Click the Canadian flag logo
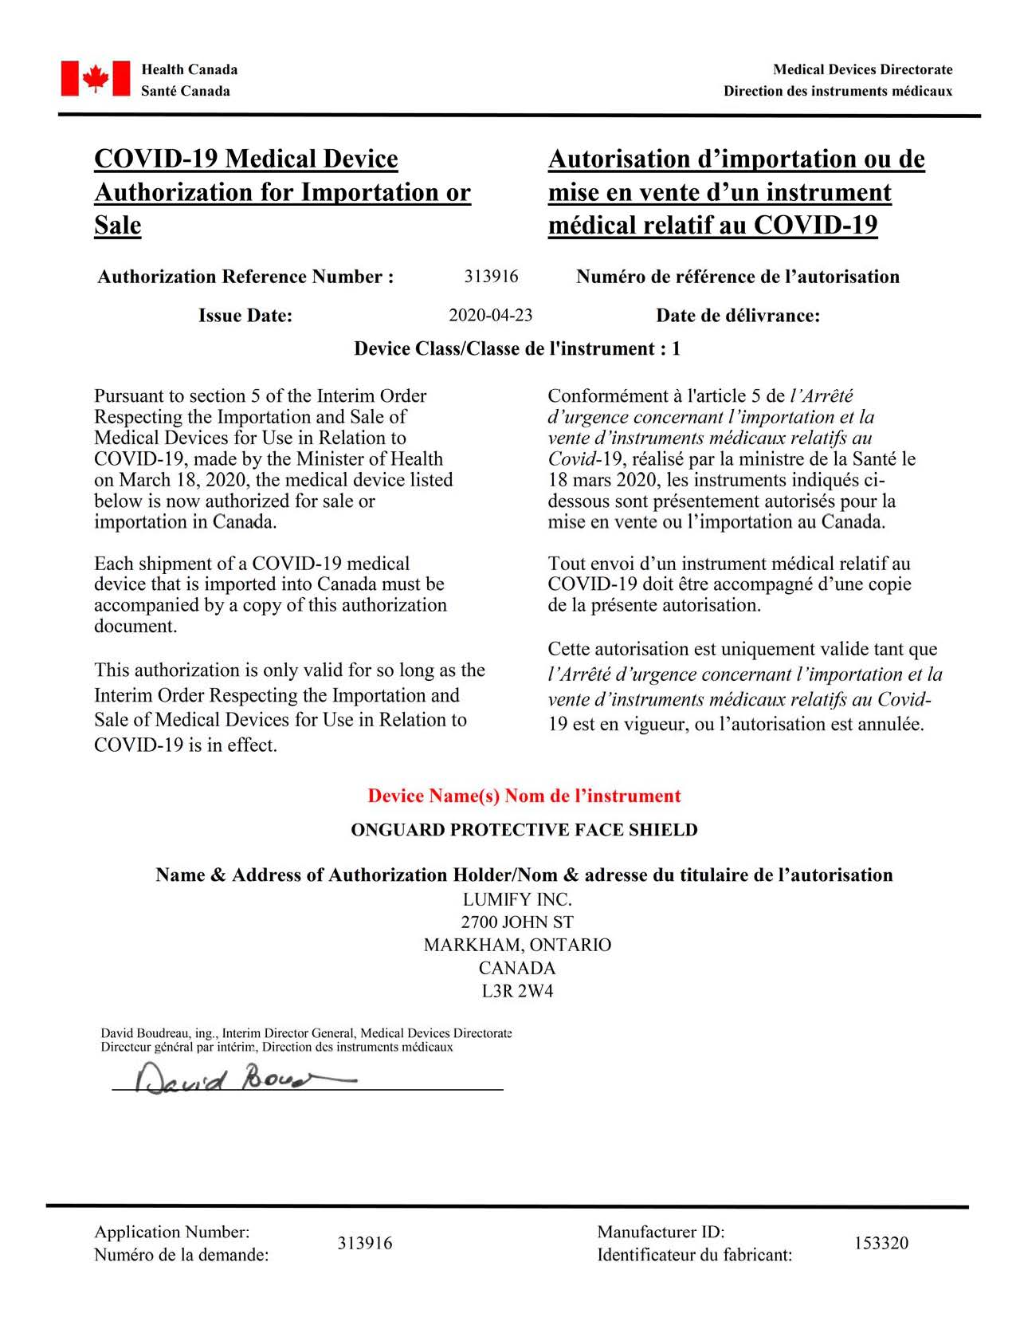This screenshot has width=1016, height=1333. (x=95, y=79)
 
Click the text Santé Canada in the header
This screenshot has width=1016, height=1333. (x=185, y=91)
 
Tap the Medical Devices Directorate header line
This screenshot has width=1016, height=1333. (x=862, y=69)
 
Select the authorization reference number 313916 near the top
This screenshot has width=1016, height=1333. (x=491, y=277)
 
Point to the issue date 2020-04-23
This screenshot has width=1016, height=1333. (x=490, y=316)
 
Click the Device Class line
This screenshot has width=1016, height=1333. (x=516, y=349)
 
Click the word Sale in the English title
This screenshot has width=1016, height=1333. (x=117, y=226)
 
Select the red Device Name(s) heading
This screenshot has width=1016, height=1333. (x=524, y=796)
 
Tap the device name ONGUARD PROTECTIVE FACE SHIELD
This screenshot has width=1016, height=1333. (x=524, y=830)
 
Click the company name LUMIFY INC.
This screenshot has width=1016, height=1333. (x=517, y=899)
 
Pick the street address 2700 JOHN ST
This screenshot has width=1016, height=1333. (x=517, y=922)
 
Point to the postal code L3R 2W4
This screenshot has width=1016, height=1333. (x=517, y=991)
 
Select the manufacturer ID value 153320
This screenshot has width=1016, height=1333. (x=881, y=1243)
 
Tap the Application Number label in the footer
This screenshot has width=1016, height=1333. (x=171, y=1232)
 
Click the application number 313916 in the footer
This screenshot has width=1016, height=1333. (x=364, y=1243)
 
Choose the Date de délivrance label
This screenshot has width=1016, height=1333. (x=737, y=316)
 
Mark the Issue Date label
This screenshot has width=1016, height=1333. (x=245, y=316)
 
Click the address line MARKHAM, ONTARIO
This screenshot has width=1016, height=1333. (x=517, y=945)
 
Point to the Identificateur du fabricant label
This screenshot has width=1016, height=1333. (x=694, y=1255)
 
